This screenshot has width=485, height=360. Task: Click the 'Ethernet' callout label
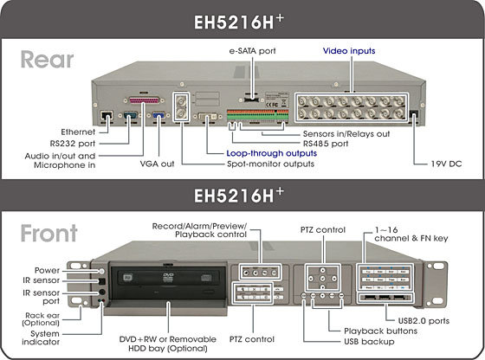tap(78, 132)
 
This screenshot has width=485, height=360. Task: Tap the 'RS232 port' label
tap(73, 144)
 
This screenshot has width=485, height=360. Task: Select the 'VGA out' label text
tap(157, 164)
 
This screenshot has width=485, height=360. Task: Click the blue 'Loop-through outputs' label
tap(272, 153)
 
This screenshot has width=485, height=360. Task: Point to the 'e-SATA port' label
tap(252, 51)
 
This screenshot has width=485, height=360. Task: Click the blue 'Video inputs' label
tap(349, 51)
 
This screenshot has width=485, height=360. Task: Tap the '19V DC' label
tap(446, 164)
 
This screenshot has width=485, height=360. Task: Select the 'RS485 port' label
tap(326, 144)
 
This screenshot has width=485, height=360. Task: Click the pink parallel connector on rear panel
tap(144, 100)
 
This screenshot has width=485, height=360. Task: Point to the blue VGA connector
tap(159, 115)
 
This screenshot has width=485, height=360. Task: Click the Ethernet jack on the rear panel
tap(107, 115)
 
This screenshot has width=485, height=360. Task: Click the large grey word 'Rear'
tap(47, 60)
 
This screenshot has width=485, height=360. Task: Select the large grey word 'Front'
tap(48, 233)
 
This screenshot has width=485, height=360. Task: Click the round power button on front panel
tap(101, 272)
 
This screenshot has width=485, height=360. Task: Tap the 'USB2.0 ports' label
tap(424, 321)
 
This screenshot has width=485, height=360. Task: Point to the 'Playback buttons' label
tap(380, 331)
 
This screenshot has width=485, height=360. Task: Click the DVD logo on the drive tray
tap(168, 277)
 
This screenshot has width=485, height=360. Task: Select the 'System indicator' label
tap(41, 337)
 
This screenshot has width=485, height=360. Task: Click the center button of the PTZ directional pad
tap(322, 279)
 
